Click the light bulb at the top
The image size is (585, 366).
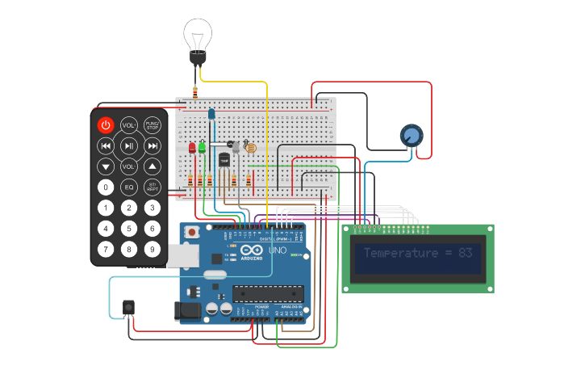click(197, 36)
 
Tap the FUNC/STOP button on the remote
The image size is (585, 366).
click(152, 125)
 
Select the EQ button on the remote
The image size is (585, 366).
click(128, 187)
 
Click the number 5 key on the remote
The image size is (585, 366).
click(128, 229)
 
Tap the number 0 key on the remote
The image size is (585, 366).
click(106, 187)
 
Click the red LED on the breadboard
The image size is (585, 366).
click(192, 148)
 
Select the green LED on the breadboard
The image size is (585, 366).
click(202, 148)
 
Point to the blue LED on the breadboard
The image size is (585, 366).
click(211, 115)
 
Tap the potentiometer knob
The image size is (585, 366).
click(412, 136)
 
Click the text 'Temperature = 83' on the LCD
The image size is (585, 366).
click(417, 253)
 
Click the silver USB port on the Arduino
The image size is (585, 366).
click(184, 256)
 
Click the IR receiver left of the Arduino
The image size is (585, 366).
click(127, 308)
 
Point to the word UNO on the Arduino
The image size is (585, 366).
click(276, 250)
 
